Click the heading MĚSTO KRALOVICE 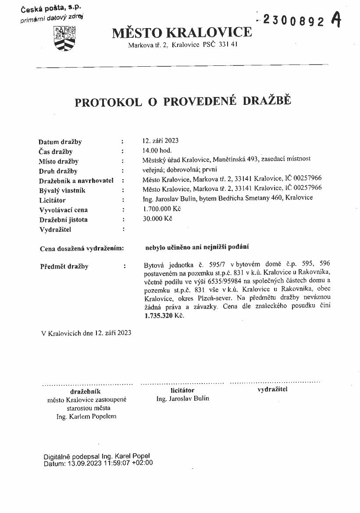coord(182,32)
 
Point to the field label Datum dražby coord(60,142)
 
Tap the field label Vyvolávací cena coord(63,210)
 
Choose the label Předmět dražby coord(64,266)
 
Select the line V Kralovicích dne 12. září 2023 coord(86,333)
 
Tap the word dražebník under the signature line coord(86,391)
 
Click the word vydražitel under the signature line coord(272,389)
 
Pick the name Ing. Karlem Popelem coord(86,416)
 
